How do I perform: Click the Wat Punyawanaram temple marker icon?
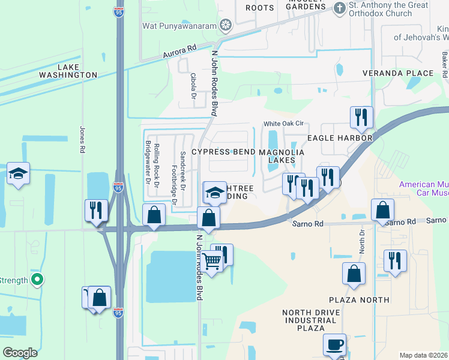[226, 25]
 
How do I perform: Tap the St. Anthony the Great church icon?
[339, 8]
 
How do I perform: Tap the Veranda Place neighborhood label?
[397, 73]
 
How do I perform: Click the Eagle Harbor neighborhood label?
[340, 138]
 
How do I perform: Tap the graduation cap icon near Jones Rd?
[19, 174]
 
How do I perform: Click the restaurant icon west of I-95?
[96, 210]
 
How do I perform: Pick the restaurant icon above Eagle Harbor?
[361, 118]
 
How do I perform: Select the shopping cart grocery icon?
[212, 262]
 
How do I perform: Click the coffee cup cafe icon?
[334, 345]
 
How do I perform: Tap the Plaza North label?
[359, 299]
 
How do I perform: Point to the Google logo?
[20, 353]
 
